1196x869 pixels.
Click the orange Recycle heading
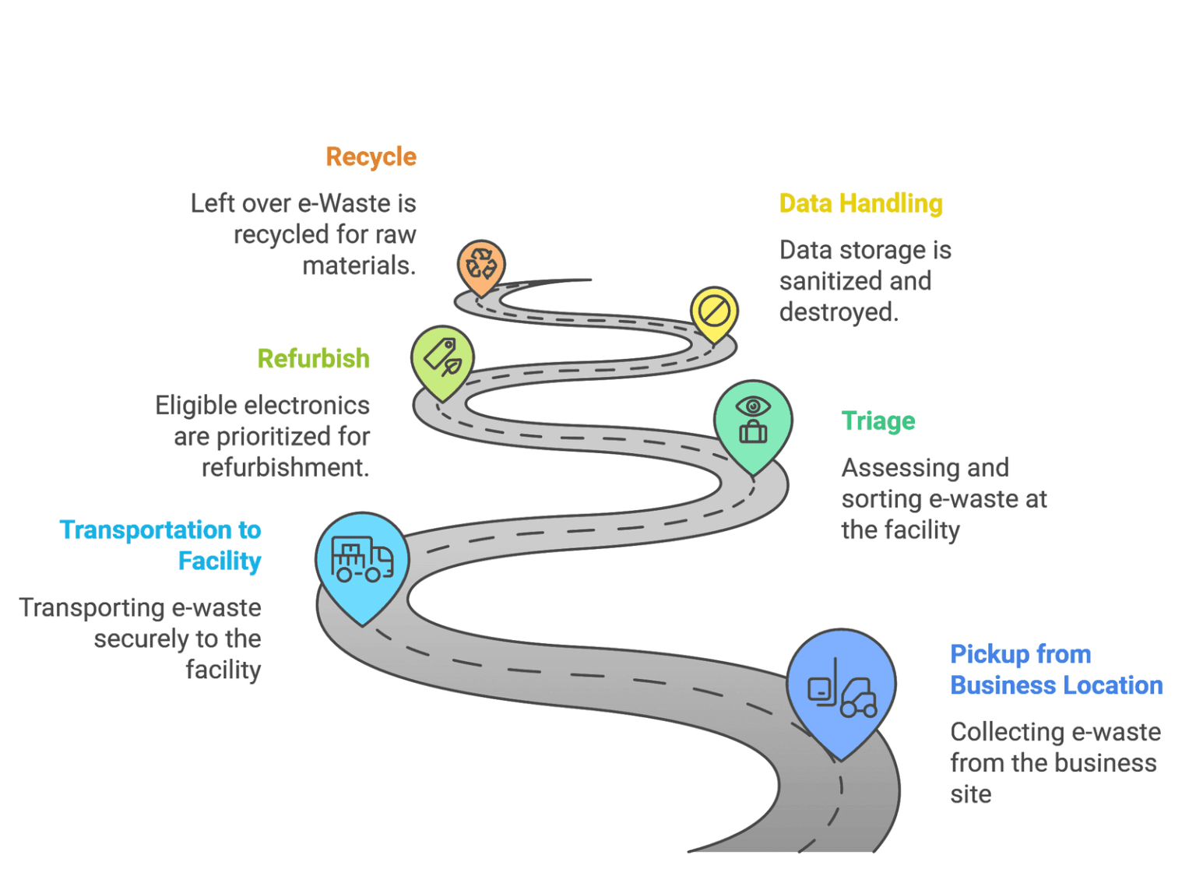coord(371,157)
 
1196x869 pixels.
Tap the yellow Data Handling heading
coord(860,204)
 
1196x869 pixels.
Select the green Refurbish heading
coord(313,359)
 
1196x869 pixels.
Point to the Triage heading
coord(878,421)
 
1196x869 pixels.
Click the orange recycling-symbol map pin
coord(481,265)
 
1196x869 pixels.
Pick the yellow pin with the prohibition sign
coord(714,312)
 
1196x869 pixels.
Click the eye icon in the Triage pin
coord(753,406)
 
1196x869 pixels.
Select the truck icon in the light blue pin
coord(362,559)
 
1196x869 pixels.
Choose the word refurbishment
coord(285,468)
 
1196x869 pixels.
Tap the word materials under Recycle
coord(358,266)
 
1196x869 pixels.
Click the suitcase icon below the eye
coord(753,431)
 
